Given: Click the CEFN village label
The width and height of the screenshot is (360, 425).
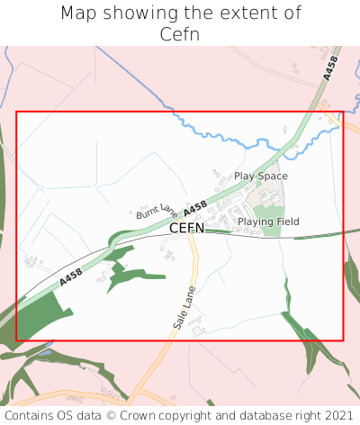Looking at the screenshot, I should pos(186,228).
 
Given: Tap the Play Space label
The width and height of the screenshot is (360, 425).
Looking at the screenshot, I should pos(261,176).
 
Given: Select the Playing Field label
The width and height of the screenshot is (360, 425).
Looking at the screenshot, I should pos(268,222).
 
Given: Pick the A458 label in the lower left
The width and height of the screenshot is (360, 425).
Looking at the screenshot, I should pos(71,277).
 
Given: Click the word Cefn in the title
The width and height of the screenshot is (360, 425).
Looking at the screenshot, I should pos(180,34).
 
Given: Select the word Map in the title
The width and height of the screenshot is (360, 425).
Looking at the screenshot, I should pos(80,14).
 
